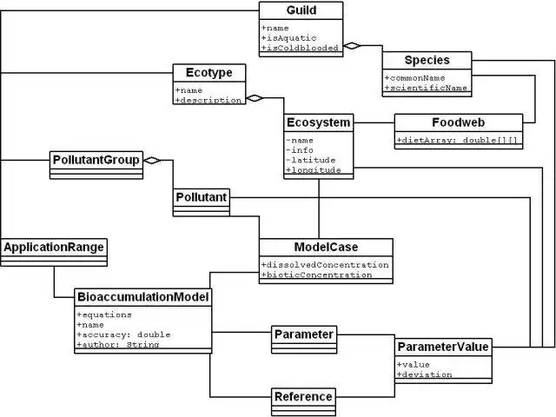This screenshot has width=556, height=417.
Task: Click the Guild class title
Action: tap(301, 10)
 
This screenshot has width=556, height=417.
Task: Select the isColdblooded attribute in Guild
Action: tap(301, 49)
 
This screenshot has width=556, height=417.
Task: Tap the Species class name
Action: tap(426, 60)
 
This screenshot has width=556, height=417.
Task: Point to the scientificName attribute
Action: tap(428, 88)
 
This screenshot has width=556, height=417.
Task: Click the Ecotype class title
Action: tap(208, 72)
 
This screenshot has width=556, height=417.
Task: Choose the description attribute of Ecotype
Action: tap(208, 100)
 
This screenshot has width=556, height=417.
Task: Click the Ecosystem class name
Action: tap(319, 122)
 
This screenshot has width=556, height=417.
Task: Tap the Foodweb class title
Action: tap(459, 122)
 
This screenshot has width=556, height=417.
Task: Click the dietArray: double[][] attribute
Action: tap(459, 139)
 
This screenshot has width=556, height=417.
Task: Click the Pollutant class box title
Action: tap(202, 197)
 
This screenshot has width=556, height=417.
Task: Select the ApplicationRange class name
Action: tap(53, 248)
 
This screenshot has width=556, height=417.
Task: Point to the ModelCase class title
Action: tap(325, 247)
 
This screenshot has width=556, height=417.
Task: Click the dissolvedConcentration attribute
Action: tap(325, 264)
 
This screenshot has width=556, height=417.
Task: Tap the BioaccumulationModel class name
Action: tap(142, 297)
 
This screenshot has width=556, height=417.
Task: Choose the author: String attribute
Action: tap(118, 344)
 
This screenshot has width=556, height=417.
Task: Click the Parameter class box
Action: tap(303, 334)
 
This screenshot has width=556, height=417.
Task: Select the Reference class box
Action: tap(302, 396)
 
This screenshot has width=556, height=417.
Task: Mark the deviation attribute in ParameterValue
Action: tap(426, 374)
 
